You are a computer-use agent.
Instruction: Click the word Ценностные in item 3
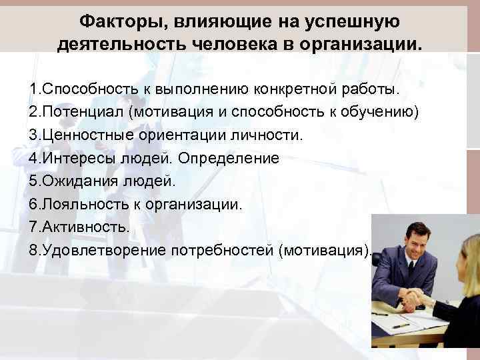point(77,135)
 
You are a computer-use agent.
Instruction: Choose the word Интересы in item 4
point(69,159)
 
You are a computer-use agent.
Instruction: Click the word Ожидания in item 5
point(72,182)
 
